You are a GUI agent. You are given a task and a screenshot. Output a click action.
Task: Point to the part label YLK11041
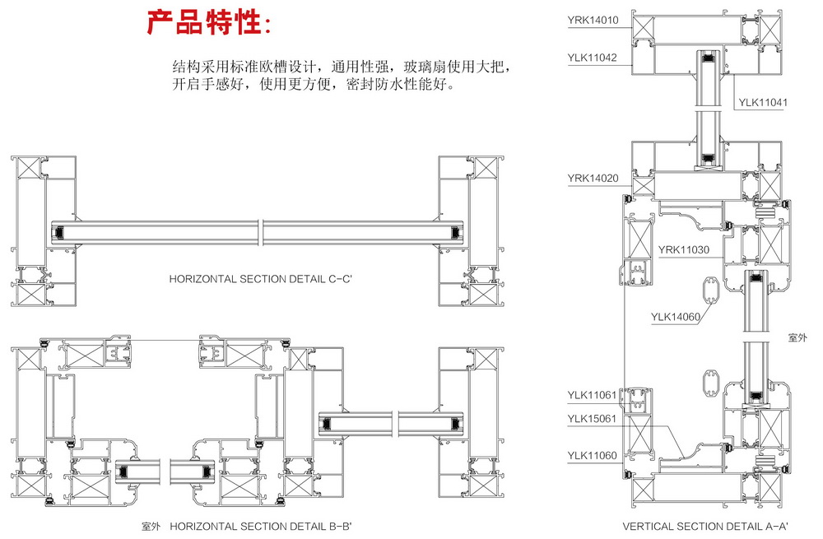point(764,103)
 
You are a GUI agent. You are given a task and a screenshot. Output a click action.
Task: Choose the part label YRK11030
point(684,249)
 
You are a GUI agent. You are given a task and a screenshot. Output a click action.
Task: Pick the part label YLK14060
point(675,315)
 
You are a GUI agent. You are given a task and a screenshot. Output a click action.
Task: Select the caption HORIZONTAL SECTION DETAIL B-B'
point(272,525)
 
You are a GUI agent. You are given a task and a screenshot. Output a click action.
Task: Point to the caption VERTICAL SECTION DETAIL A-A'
point(705,525)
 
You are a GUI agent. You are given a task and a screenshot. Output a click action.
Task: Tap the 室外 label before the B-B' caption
point(152,525)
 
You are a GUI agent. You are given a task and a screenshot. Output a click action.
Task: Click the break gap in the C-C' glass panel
point(260,233)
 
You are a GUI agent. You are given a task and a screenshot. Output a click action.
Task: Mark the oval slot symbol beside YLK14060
point(710,291)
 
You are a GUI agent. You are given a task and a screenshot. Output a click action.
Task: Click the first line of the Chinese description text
point(347,66)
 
